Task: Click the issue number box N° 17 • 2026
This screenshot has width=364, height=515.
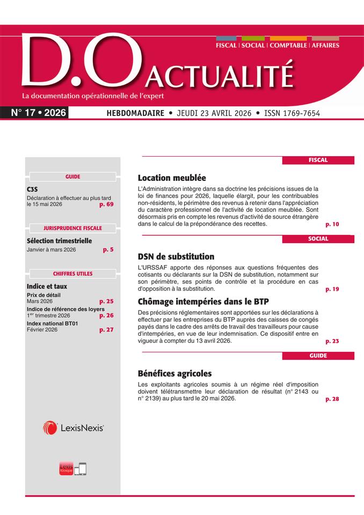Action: pos(38,113)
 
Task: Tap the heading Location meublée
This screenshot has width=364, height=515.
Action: pos(172,178)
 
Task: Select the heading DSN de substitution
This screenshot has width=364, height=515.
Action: pos(176,256)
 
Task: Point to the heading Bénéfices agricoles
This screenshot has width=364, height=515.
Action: pos(175,373)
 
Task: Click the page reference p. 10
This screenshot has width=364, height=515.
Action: pos(332,224)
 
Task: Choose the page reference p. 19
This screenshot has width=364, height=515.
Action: pos(332,289)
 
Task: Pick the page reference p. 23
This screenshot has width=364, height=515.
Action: pos(332,341)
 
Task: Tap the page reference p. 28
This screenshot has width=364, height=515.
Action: pos(332,399)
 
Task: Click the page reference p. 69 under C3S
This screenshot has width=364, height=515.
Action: pos(106,204)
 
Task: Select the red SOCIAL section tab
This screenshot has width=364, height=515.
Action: pos(318,239)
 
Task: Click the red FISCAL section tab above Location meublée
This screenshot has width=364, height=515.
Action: pos(318,160)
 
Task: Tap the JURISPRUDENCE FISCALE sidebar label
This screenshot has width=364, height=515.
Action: pos(72,228)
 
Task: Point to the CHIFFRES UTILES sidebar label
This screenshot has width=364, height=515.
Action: pos(72,274)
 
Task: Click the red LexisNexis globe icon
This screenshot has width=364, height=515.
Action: pos(50,428)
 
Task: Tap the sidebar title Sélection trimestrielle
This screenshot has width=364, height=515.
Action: pos(59,241)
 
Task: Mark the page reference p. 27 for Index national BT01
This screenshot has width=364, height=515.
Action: pos(106,330)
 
